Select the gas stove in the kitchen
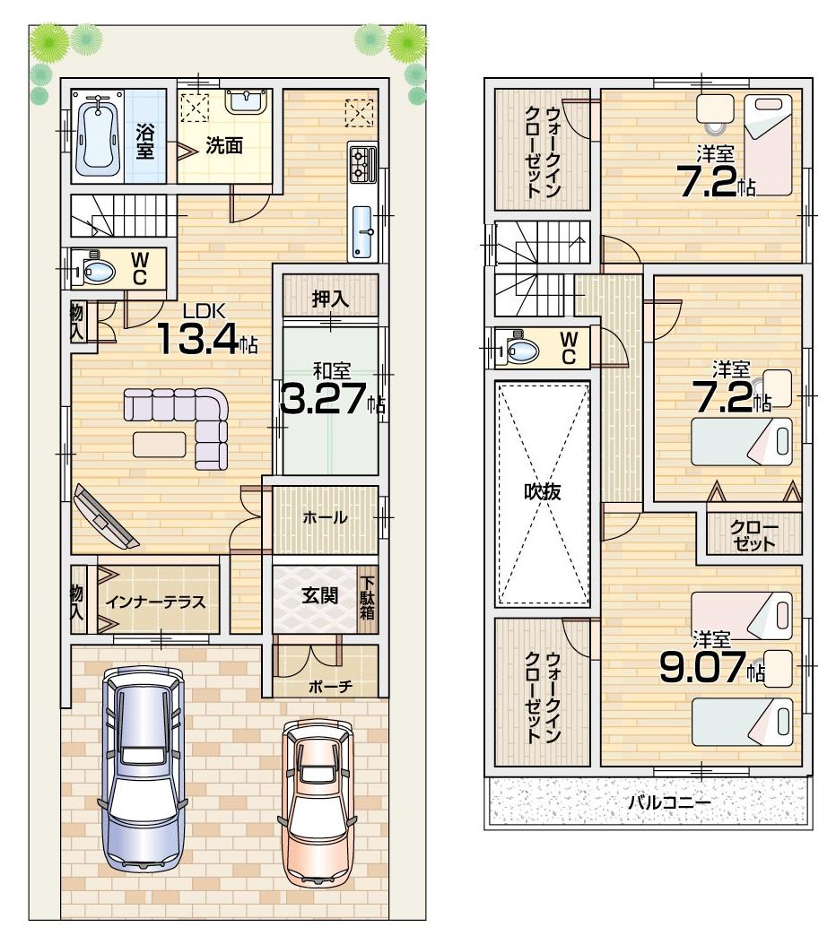click(361, 165)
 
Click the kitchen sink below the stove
click(363, 230)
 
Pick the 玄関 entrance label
click(318, 596)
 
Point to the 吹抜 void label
click(543, 492)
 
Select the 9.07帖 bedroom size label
click(709, 668)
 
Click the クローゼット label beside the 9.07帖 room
click(753, 535)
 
